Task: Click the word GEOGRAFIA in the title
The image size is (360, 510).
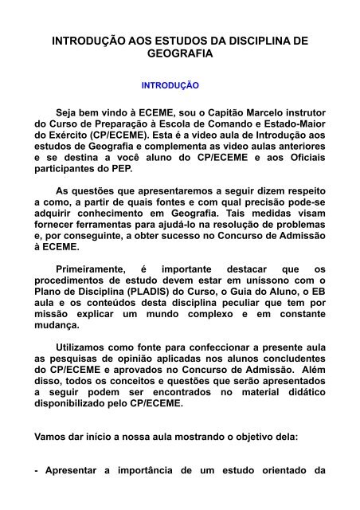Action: (x=179, y=54)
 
